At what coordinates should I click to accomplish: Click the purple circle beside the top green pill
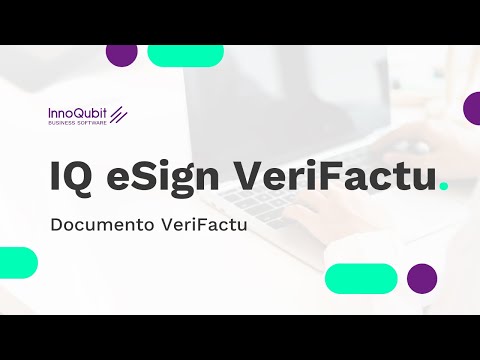coord(121,53)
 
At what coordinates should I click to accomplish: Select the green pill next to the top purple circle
coord(185,54)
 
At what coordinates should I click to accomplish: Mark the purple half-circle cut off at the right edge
coord(473,107)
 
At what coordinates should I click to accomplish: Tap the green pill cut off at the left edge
coord(17,262)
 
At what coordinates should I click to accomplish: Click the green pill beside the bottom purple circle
coord(361,278)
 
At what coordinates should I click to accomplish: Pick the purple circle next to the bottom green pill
coord(422,278)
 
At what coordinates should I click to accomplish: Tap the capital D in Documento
coord(56,225)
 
